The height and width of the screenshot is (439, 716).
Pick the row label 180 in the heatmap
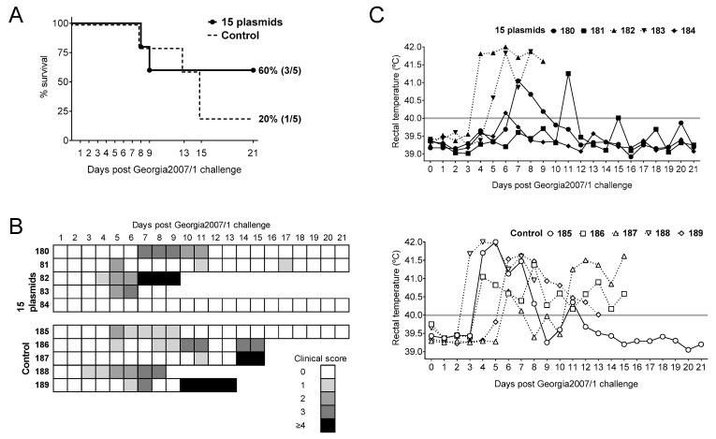42,252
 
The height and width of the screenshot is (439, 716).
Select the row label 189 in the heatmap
42,385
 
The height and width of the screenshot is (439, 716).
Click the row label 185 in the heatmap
42,331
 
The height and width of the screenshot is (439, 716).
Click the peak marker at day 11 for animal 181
568,73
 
